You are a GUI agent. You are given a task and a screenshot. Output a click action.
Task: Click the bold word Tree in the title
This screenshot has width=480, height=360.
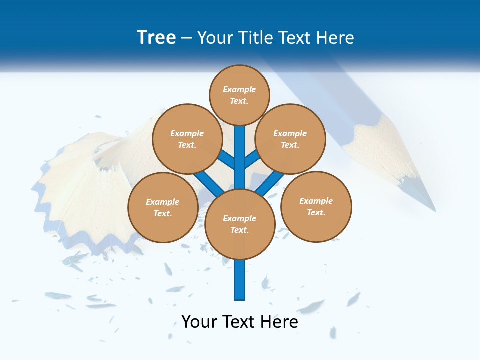[x=156, y=38]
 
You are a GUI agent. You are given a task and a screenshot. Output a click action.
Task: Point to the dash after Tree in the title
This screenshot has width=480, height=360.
[x=186, y=38]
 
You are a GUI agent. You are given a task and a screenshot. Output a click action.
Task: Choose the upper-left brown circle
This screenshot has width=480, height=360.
[x=187, y=139]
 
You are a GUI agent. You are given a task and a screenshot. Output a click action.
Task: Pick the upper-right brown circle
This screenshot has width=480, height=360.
[x=290, y=139]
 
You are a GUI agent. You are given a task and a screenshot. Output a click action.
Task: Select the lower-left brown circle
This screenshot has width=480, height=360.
[x=163, y=207]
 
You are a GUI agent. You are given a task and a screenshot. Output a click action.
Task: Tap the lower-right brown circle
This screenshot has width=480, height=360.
[x=316, y=206]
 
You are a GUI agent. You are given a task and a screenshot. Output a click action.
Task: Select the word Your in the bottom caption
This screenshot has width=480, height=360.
[x=199, y=322]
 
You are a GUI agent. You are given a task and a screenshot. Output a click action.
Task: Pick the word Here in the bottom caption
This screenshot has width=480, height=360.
[x=280, y=322]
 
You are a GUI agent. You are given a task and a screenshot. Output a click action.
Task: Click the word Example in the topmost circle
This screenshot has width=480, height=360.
[x=239, y=89]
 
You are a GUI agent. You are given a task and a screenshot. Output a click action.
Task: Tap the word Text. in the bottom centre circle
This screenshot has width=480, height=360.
[x=239, y=230]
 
